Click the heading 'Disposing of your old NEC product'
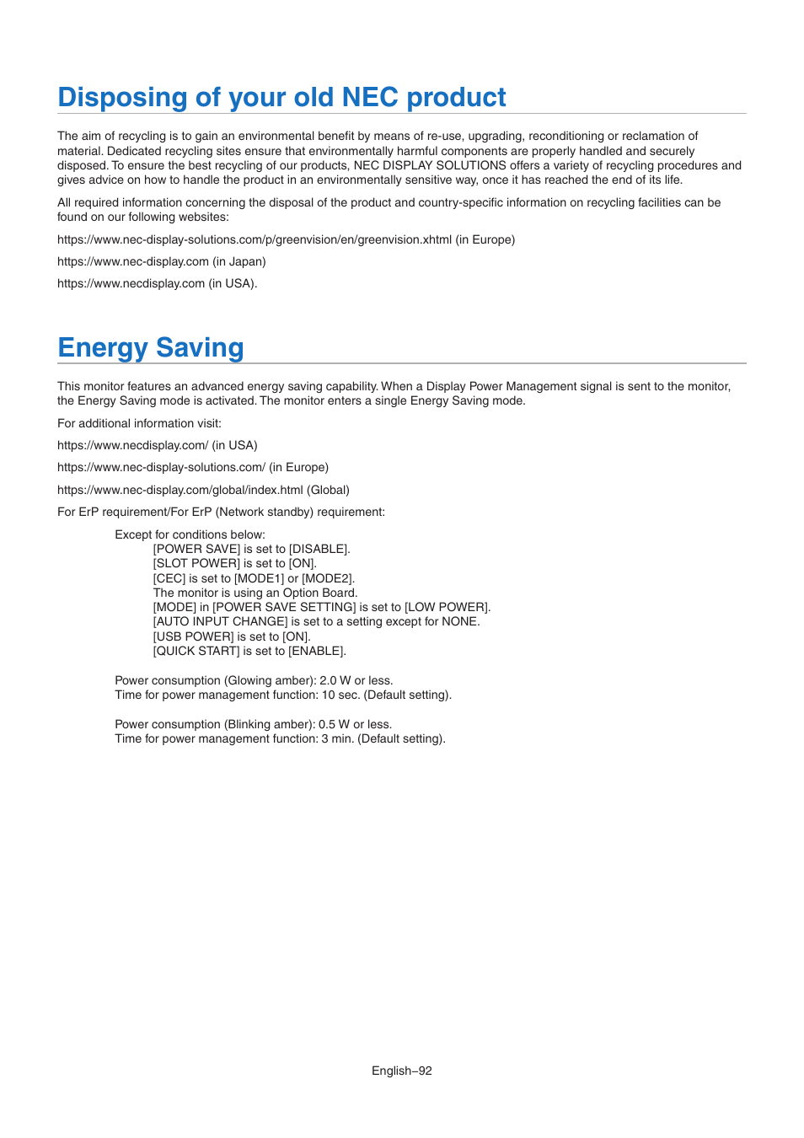click(x=281, y=98)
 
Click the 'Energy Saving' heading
click(x=151, y=348)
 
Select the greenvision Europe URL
click(x=255, y=239)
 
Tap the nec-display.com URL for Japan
click(x=133, y=261)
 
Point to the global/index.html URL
click(x=180, y=490)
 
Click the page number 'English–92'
click(x=402, y=1071)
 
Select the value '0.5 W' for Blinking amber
click(x=334, y=724)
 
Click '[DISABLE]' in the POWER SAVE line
click(x=319, y=549)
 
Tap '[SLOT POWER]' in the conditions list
click(x=196, y=563)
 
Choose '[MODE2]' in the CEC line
click(x=328, y=578)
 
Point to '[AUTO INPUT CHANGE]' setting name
click(x=220, y=621)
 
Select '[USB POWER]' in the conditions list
click(x=193, y=636)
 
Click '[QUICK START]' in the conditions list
click(x=196, y=651)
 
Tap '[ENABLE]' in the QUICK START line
click(x=317, y=651)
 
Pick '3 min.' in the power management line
click(x=338, y=738)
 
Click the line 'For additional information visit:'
click(x=139, y=423)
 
